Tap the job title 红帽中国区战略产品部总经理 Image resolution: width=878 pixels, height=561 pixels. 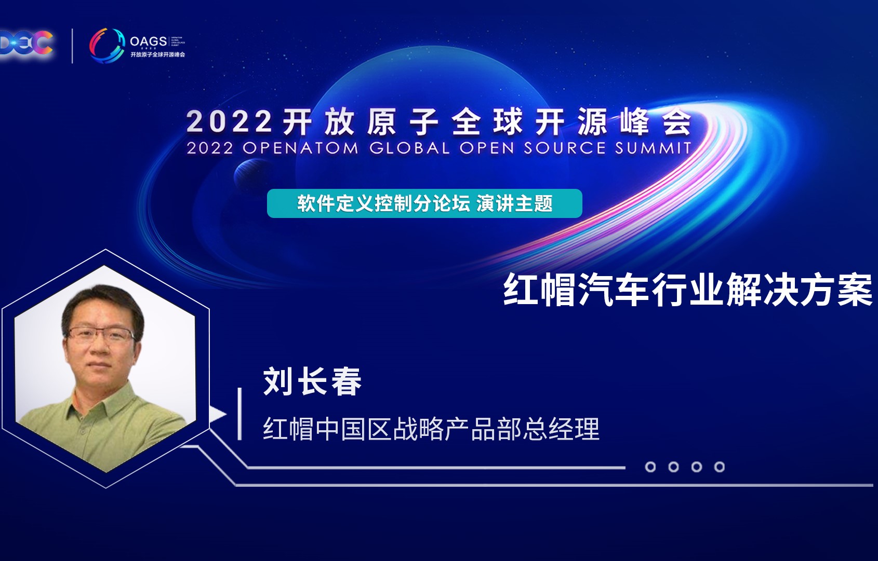coord(431,429)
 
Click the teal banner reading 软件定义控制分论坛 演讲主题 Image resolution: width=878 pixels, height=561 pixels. coord(424,203)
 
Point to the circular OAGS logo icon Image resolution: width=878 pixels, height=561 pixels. coord(107,45)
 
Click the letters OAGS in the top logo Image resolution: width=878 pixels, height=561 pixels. coord(148,41)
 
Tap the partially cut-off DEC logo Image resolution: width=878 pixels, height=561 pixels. coord(26,43)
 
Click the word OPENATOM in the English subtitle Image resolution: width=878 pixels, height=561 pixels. coord(300,148)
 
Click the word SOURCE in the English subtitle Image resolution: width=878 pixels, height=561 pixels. coord(564,148)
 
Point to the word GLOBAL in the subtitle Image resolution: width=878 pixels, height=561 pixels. coord(409,148)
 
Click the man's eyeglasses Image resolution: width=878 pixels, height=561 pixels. coord(100,335)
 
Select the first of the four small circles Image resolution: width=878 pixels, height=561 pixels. coord(650,467)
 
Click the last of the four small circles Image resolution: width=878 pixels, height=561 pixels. coord(720,467)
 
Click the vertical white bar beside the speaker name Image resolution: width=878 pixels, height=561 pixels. coord(240,414)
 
